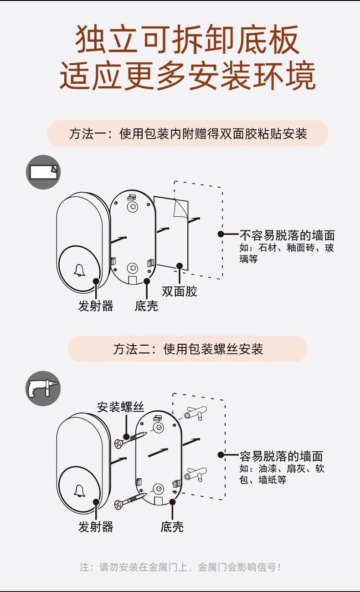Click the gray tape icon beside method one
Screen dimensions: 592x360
point(43,172)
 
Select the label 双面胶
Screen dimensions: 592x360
point(180,291)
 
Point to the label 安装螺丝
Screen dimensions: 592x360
point(120,407)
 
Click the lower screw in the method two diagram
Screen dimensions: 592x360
point(130,499)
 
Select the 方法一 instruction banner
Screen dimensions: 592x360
point(188,133)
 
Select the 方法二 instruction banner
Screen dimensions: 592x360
point(188,349)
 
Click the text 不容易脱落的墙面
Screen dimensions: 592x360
point(287,235)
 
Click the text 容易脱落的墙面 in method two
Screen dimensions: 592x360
point(281,456)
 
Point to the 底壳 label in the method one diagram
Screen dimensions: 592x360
point(146,306)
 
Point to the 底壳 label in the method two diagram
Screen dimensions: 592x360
point(172,527)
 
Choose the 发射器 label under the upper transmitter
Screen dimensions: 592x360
point(96,306)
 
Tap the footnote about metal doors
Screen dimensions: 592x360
point(180,567)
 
